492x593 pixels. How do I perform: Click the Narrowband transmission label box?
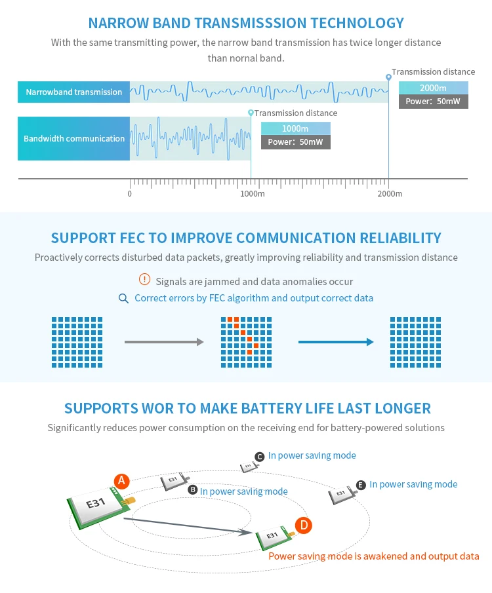pyautogui.click(x=74, y=92)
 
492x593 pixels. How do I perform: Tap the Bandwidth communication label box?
pyautogui.click(x=74, y=138)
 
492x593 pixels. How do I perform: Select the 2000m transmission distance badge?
pyautogui.click(x=434, y=88)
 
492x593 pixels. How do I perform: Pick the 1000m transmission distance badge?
pyautogui.click(x=295, y=128)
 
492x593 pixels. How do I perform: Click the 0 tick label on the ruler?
pyautogui.click(x=129, y=194)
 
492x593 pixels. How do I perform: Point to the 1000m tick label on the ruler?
pyautogui.click(x=253, y=194)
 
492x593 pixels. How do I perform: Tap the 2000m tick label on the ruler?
pyautogui.click(x=390, y=194)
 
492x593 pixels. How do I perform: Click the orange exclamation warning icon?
pyautogui.click(x=144, y=279)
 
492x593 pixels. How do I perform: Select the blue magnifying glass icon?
pyautogui.click(x=123, y=298)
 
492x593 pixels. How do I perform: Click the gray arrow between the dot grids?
pyautogui.click(x=164, y=342)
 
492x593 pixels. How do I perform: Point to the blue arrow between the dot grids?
pyautogui.click(x=336, y=342)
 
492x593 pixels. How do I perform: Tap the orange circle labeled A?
pyautogui.click(x=121, y=481)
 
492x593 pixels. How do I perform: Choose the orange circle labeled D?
pyautogui.click(x=303, y=526)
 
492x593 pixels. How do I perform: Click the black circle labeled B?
pyautogui.click(x=193, y=489)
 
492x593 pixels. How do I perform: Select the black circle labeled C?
pyautogui.click(x=259, y=457)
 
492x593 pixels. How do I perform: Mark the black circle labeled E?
pyautogui.click(x=361, y=485)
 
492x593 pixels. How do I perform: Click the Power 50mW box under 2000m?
pyautogui.click(x=434, y=102)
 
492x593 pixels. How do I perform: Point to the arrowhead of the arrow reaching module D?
pyautogui.click(x=249, y=532)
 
